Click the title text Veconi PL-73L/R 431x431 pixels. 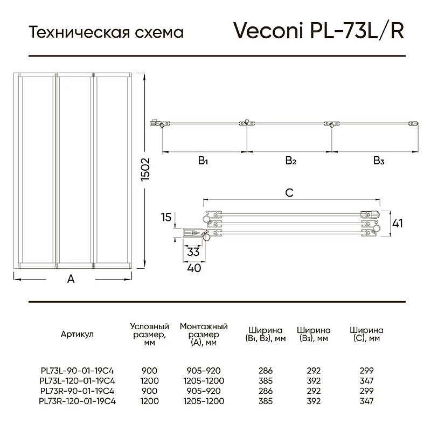tap(318, 30)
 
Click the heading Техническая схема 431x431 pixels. tap(106, 32)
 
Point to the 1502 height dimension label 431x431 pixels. tap(145, 169)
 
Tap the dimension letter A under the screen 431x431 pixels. tap(71, 279)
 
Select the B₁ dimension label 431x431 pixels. tap(203, 161)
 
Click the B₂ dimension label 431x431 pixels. tap(291, 161)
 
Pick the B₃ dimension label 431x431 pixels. tap(379, 161)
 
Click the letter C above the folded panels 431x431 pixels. tap(289, 193)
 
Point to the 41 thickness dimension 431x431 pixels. tap(398, 224)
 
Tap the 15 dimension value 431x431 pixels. tap(166, 217)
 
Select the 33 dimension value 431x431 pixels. tap(193, 252)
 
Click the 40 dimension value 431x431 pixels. tap(194, 268)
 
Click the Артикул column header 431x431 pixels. tap(77, 334)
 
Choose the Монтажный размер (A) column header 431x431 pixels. tap(204, 334)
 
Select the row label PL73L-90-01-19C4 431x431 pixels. tap(77, 371)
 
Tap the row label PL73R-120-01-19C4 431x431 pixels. tap(77, 401)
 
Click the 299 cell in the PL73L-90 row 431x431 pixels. tap(367, 371)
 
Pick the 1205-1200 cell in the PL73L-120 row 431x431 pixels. tap(204, 381)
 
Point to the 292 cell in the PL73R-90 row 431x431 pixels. tap(314, 391)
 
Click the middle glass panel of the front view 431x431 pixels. tap(75, 170)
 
